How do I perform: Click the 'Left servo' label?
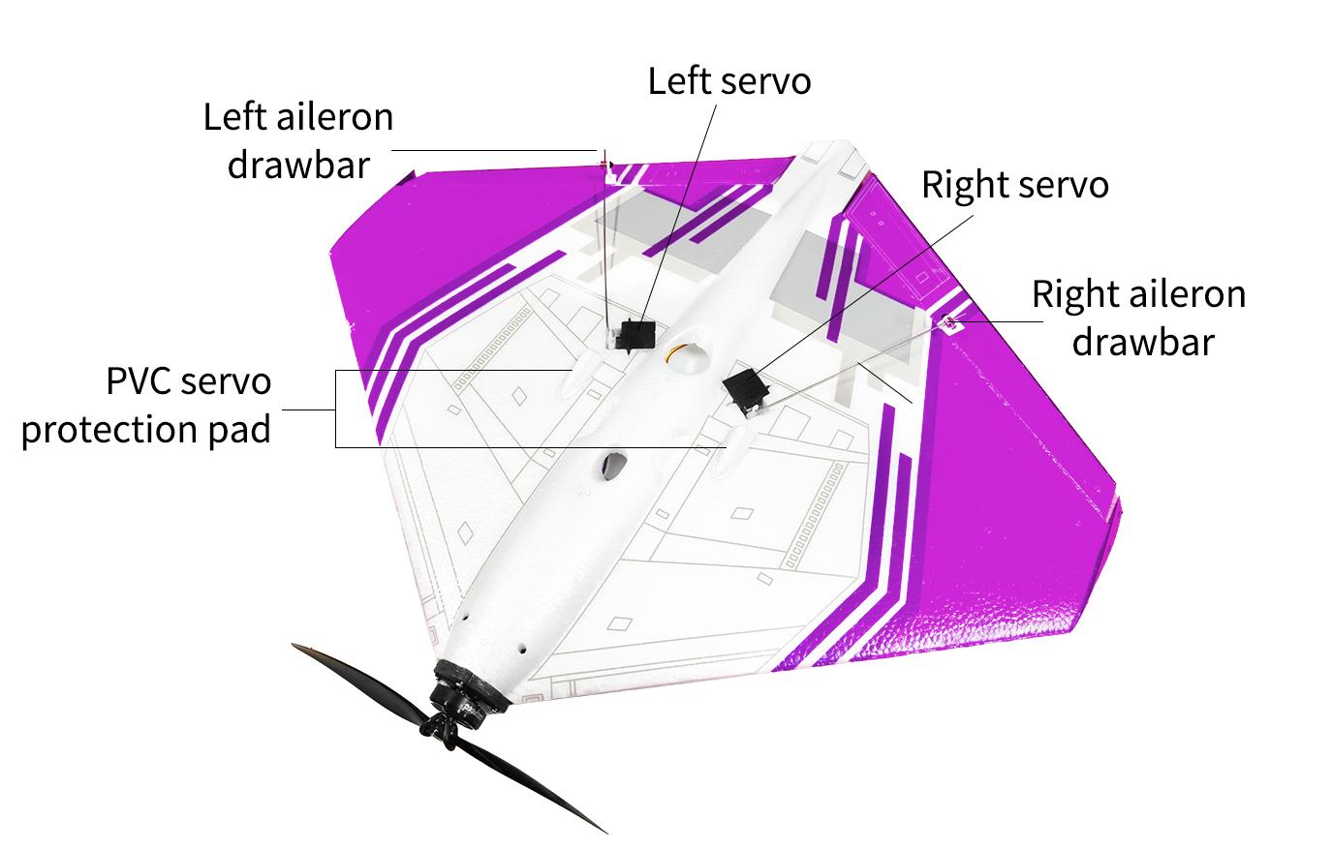coord(729,80)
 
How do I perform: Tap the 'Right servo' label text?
coord(1015,184)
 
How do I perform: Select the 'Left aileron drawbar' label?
coord(298,140)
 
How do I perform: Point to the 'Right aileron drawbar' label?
coord(1139,318)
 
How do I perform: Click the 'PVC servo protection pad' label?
coord(146,406)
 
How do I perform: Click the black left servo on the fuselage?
coord(635,336)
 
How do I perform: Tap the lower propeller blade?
coord(527,784)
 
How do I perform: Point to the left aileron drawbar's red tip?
coord(604,159)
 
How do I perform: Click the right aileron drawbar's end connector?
coord(950,322)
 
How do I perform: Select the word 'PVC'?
coord(140,380)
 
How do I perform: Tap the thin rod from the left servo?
coord(607,250)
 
